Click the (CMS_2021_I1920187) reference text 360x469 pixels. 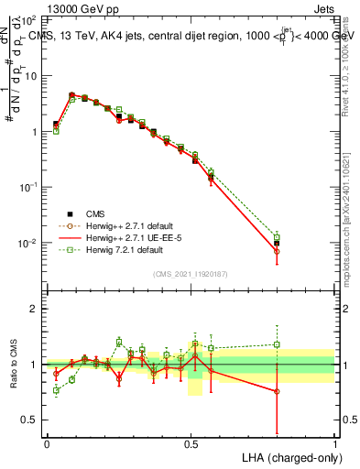tap(191, 273)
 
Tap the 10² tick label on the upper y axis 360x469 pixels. tap(27, 19)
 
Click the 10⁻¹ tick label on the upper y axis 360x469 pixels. tap(27, 187)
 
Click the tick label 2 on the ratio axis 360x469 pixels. tap(34, 309)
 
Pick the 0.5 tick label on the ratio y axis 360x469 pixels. tap(30, 420)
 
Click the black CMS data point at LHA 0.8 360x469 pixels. tap(277, 244)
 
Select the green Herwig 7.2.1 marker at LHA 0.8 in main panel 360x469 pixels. tap(277, 237)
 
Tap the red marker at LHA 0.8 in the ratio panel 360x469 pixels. tap(277, 391)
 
